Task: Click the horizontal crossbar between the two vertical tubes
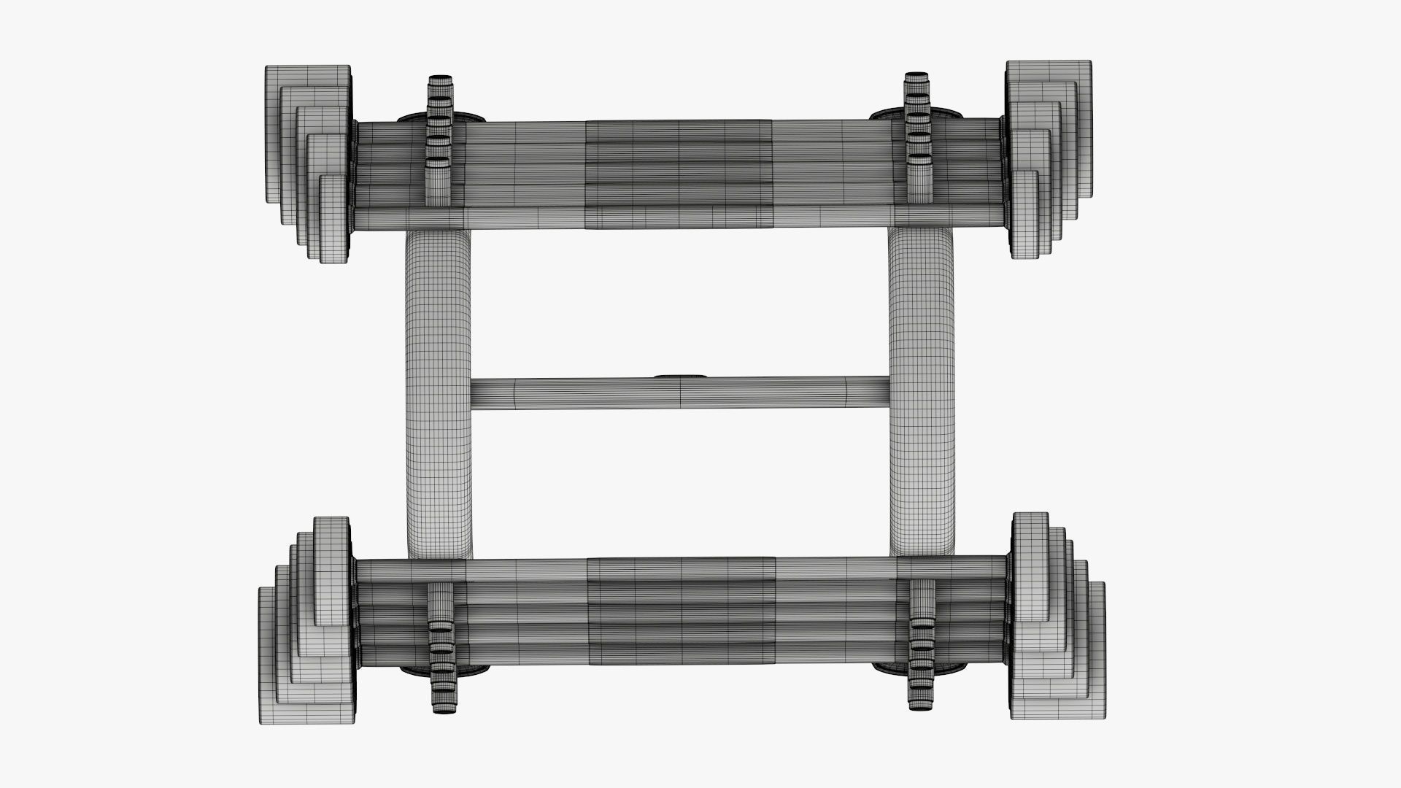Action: click(x=584, y=394)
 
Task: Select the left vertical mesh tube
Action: click(x=438, y=394)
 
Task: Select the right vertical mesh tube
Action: click(x=922, y=394)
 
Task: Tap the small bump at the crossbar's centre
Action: click(x=681, y=377)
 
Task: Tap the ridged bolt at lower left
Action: click(x=440, y=649)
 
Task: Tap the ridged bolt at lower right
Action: click(x=922, y=649)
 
